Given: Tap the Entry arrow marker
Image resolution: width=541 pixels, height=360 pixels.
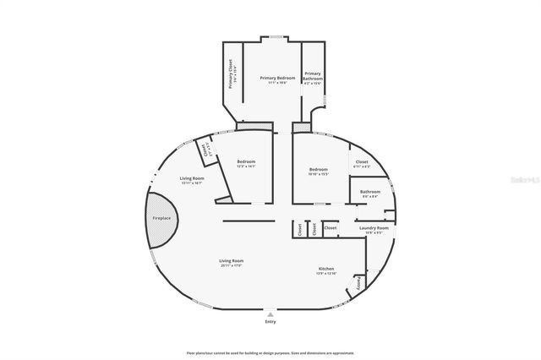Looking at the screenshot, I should point(270,314).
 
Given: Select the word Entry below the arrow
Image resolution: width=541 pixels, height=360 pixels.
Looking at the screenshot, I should point(270,322).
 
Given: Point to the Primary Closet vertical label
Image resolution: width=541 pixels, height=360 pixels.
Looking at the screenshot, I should point(231,74).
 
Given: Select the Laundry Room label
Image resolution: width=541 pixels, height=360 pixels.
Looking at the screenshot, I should point(373,228).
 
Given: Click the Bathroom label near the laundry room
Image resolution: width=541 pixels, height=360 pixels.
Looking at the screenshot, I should point(370,192).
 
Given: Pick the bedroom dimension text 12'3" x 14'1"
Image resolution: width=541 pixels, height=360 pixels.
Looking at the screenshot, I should point(246,166).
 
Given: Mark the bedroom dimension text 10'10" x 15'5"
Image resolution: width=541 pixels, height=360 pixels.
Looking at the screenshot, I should point(318,175).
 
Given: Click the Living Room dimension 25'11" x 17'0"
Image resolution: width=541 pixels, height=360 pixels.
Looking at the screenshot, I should point(232,266).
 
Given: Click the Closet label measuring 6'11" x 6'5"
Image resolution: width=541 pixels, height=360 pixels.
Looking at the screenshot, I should point(361,166).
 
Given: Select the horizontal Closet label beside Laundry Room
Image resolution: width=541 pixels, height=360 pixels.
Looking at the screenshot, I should point(331,227).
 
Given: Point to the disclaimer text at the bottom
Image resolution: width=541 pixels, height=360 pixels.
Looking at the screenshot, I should point(270,352).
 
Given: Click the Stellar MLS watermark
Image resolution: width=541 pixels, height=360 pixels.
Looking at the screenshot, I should point(523,180).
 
